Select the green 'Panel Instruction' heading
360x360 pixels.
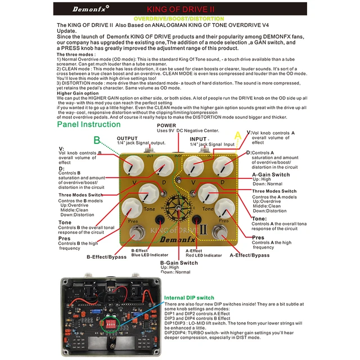(89, 124)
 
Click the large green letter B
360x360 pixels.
(97, 139)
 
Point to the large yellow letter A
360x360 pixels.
(237, 135)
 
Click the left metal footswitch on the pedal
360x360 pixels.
(135, 232)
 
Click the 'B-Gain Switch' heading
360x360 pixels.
(179, 263)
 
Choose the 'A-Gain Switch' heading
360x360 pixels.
(271, 175)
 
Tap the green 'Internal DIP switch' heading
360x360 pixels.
(188, 298)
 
